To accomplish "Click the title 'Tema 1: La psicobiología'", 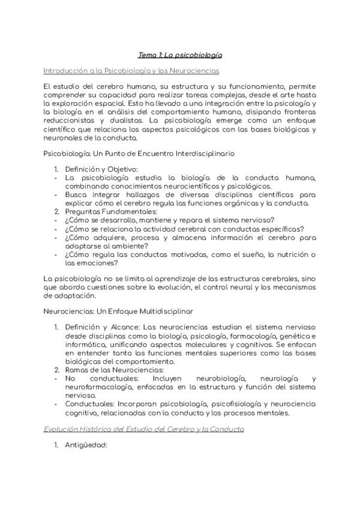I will coord(180,55).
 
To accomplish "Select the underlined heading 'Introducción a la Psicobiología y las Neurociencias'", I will coord(131,70).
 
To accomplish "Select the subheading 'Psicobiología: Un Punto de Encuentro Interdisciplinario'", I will coord(140,154).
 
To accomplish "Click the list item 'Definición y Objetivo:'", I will coord(101,170).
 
